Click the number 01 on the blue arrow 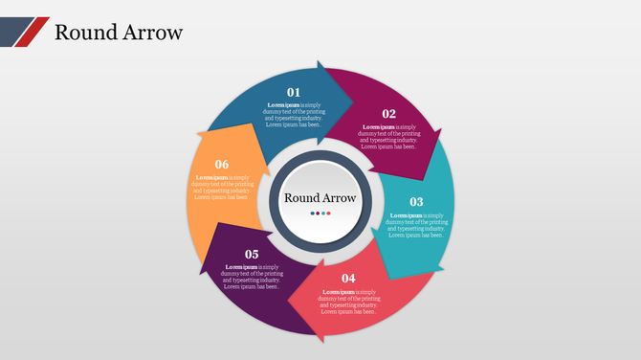point(294,92)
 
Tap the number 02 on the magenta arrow point(389,113)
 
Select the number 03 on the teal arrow point(416,202)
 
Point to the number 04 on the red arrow point(348,278)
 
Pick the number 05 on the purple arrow point(252,254)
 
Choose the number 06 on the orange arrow point(222,164)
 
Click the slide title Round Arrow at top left point(118,32)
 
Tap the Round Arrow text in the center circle point(320,198)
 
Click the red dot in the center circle point(329,213)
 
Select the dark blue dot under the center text point(312,213)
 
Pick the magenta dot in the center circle point(318,213)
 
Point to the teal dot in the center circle point(323,213)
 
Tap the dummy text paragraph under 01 point(294,115)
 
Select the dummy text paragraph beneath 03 point(417,225)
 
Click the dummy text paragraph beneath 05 point(252,277)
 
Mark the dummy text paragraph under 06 point(222,187)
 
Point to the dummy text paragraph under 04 point(349,301)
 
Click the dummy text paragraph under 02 point(388,136)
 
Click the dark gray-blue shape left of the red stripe point(14,30)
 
